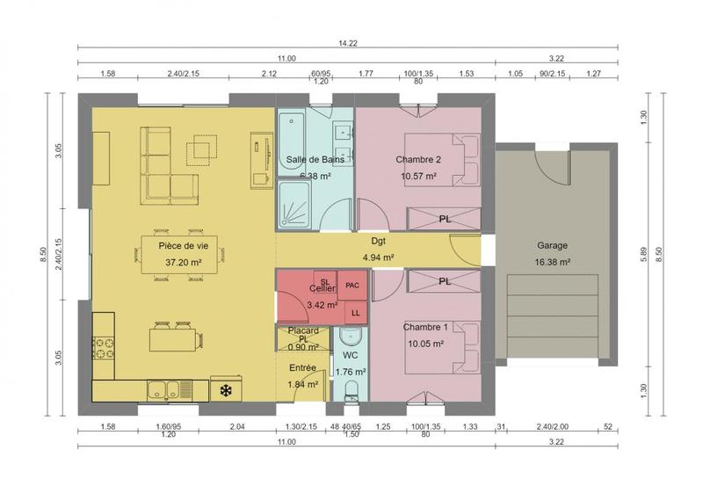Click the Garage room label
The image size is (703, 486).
pyautogui.click(x=553, y=246)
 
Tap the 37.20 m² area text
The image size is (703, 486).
pyautogui.click(x=183, y=262)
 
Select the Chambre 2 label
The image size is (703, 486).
pyautogui.click(x=417, y=160)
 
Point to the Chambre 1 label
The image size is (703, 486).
pyautogui.click(x=425, y=327)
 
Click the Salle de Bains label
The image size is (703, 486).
pyautogui.click(x=314, y=160)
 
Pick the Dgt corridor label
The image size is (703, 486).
pyautogui.click(x=379, y=240)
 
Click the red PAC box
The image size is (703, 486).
pyautogui.click(x=352, y=286)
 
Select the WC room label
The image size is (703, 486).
pyautogui.click(x=349, y=355)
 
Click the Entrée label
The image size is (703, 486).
pyautogui.click(x=302, y=367)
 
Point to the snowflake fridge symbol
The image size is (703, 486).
pyautogui.click(x=226, y=389)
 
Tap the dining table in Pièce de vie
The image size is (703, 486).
pyautogui.click(x=183, y=253)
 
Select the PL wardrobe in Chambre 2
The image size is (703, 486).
pyautogui.click(x=445, y=218)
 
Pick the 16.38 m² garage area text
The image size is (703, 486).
pyautogui.click(x=553, y=262)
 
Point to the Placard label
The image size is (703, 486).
pyautogui.click(x=302, y=330)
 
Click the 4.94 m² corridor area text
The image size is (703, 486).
pyautogui.click(x=379, y=258)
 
